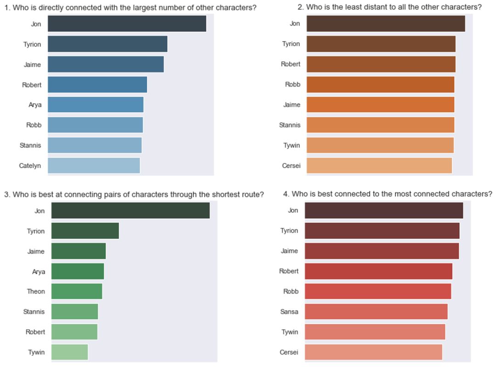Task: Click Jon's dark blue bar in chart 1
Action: pos(127,24)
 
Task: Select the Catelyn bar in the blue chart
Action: pos(94,166)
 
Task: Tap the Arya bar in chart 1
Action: pos(96,105)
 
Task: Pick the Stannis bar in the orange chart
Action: pos(380,125)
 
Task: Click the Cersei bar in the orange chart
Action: pos(379,166)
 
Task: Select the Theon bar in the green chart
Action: pos(77,291)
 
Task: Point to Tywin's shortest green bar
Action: pos(69,352)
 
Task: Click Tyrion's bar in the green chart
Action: pos(85,231)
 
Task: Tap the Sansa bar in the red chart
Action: pos(376,311)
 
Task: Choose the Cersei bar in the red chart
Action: pos(373,352)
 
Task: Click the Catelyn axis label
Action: pos(30,166)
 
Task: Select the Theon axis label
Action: pos(36,291)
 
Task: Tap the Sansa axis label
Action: pos(289,312)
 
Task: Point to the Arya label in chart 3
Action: pos(39,271)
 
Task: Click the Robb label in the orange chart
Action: pos(293,84)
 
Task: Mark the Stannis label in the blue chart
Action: pos(30,145)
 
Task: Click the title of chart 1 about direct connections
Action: pos(130,7)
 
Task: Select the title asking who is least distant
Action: pos(389,7)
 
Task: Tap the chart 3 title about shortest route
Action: pos(134,194)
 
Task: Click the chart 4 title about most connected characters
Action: pos(388,194)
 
